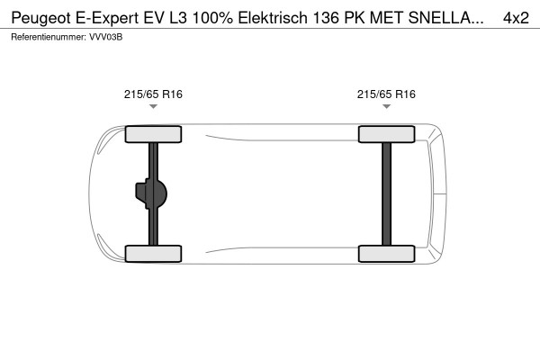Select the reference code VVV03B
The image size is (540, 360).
[x=107, y=37]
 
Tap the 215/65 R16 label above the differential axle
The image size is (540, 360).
[x=153, y=94]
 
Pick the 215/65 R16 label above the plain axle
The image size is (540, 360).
[x=386, y=94]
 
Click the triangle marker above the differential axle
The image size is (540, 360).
[x=153, y=107]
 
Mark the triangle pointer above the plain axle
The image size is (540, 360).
[x=386, y=107]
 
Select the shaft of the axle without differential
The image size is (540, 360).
[x=387, y=194]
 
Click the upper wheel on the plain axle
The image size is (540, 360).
[x=387, y=135]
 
